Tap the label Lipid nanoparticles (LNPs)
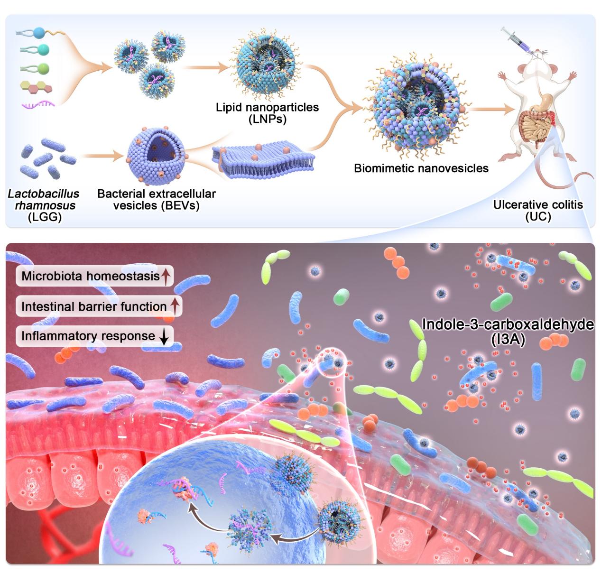pos(267,113)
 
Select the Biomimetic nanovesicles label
pos(421,168)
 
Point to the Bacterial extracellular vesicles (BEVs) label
pos(156,200)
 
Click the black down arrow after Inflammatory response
pos(164,336)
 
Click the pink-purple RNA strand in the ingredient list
pos(38,103)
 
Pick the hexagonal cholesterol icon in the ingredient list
pos(36,86)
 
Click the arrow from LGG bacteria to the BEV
pos(99,155)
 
